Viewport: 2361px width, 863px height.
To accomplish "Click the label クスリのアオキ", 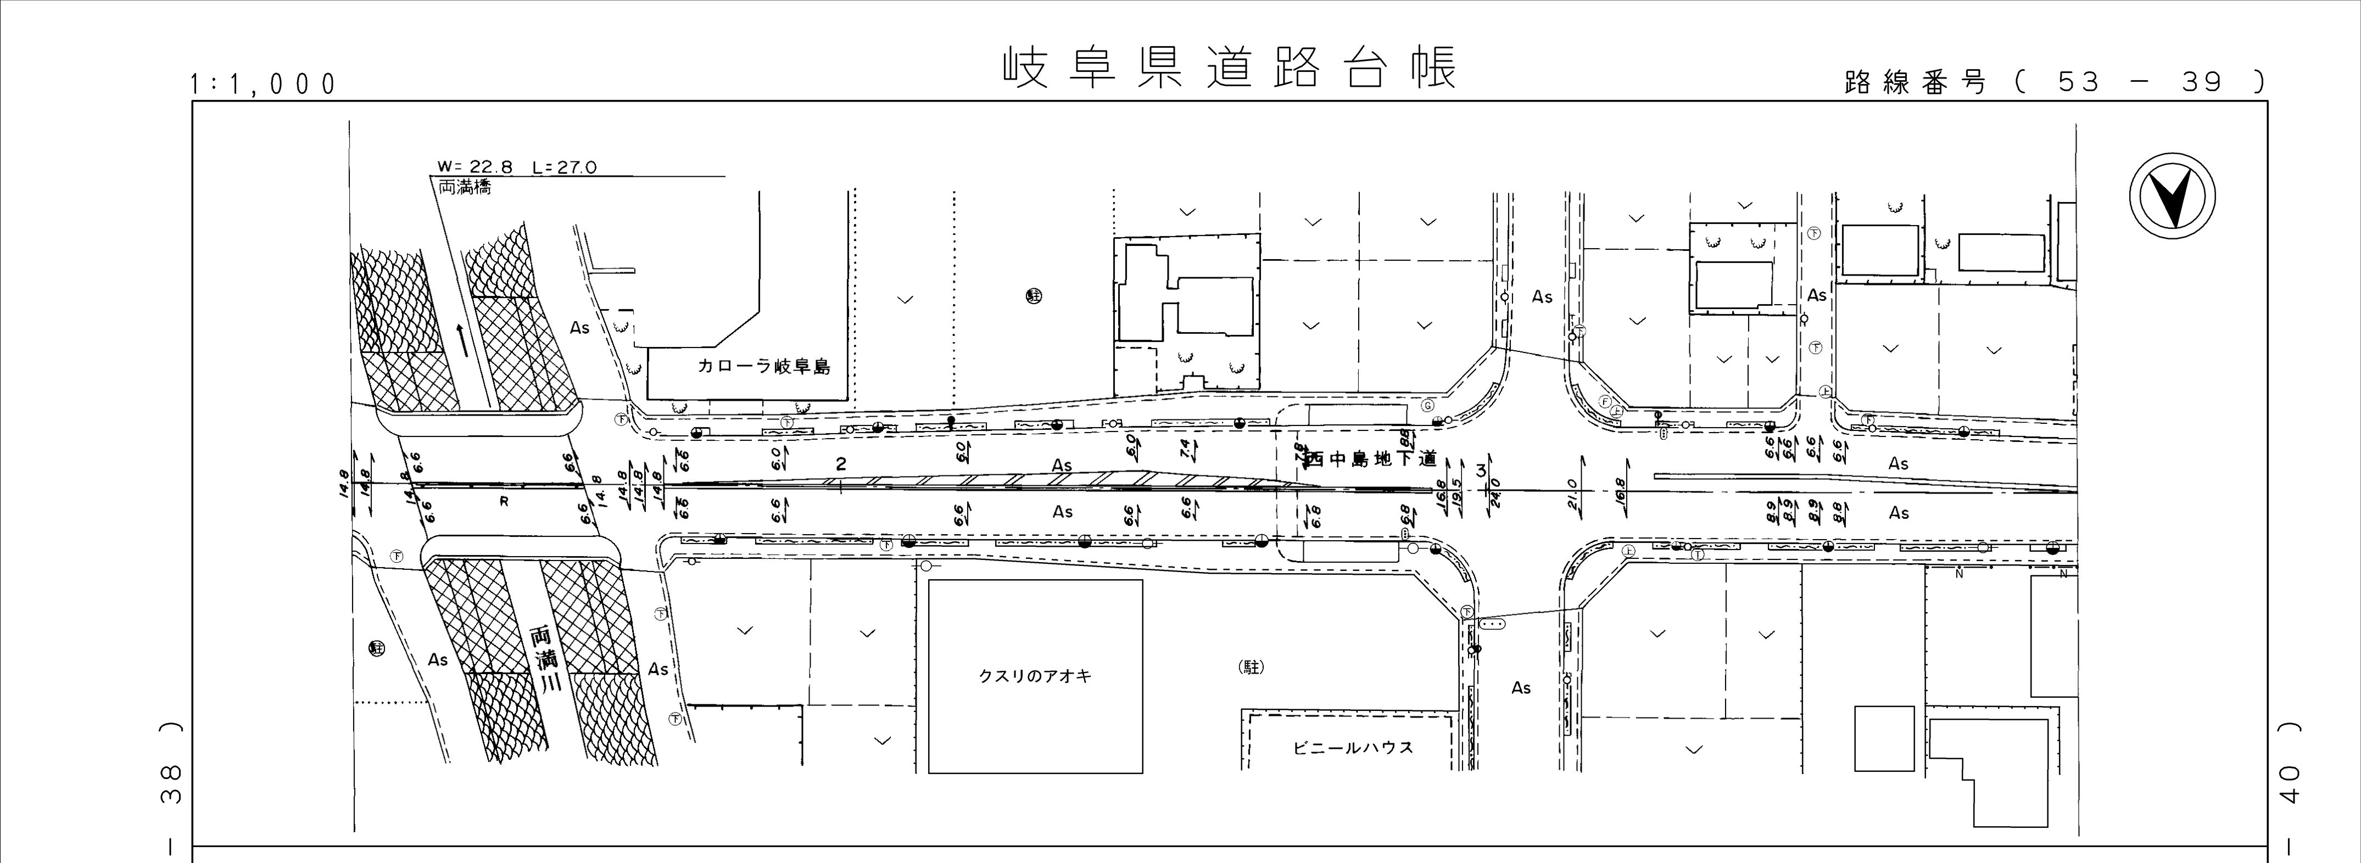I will [x=1035, y=677].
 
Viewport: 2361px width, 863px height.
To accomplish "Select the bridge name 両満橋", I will [x=465, y=187].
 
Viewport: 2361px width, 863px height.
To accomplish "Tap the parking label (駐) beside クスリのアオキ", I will [x=1250, y=668].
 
